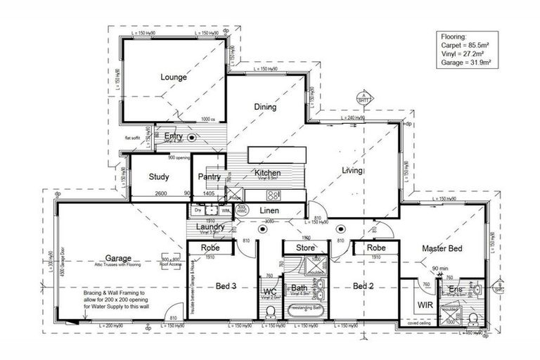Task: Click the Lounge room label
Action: (x=173, y=77)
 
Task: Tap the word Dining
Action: (x=265, y=107)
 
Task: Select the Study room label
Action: (x=159, y=177)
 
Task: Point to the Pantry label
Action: (x=210, y=177)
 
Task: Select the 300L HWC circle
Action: (x=242, y=210)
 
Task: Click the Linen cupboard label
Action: (x=271, y=211)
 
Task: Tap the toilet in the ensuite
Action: (x=473, y=318)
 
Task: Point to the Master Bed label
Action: (x=442, y=249)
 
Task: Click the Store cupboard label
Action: (x=304, y=247)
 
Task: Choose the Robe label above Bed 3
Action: (x=211, y=247)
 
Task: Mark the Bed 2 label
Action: (x=361, y=286)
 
